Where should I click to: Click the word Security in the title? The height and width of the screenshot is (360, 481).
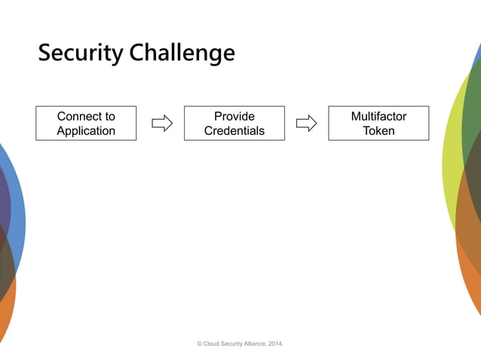click(81, 53)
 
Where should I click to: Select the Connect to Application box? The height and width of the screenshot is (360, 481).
click(86, 124)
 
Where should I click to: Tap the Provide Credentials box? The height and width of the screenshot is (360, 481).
click(234, 124)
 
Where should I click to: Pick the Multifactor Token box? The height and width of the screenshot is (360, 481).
click(378, 124)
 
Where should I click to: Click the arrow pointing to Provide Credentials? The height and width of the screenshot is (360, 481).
click(162, 124)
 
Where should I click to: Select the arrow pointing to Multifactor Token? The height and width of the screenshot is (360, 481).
click(306, 124)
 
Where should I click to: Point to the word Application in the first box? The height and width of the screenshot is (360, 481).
click(86, 131)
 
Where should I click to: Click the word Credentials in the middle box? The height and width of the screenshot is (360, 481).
click(234, 131)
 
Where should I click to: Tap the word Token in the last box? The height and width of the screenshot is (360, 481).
click(378, 131)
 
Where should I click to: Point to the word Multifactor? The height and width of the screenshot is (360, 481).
click(378, 117)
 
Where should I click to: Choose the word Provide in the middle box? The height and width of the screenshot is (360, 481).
click(234, 117)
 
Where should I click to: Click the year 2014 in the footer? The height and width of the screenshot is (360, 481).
click(275, 343)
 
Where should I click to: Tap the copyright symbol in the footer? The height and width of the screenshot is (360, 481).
click(200, 343)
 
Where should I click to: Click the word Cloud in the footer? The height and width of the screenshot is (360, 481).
click(211, 343)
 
